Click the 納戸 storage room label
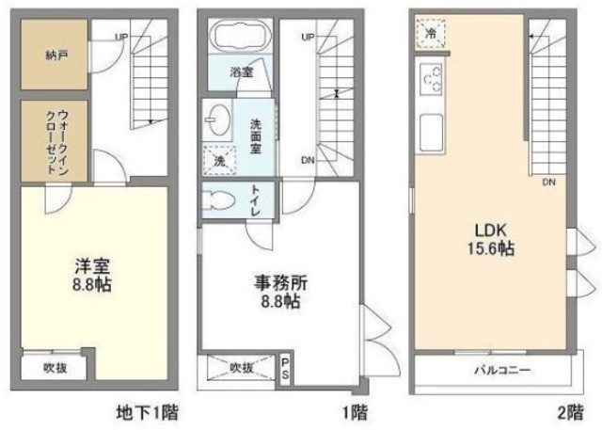coord(56,56)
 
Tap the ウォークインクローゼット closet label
coord(57,142)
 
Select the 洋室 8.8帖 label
coord(92,275)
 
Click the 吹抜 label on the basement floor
coord(55,368)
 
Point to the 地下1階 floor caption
coord(148,413)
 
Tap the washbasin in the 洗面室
coord(217,119)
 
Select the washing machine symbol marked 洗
coord(219,161)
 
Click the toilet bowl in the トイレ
coord(218,200)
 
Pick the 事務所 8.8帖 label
coord(280,293)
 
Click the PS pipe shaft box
coord(285,369)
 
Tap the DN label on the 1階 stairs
coord(308,161)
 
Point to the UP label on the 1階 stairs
coord(308,37)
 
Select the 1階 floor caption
coord(355,413)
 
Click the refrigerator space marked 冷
coord(431,33)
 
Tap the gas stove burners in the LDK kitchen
coord(432,79)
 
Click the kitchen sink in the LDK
coord(432,133)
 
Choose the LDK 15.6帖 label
coord(491,240)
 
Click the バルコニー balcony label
coord(502,370)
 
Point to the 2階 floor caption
coord(570,413)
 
